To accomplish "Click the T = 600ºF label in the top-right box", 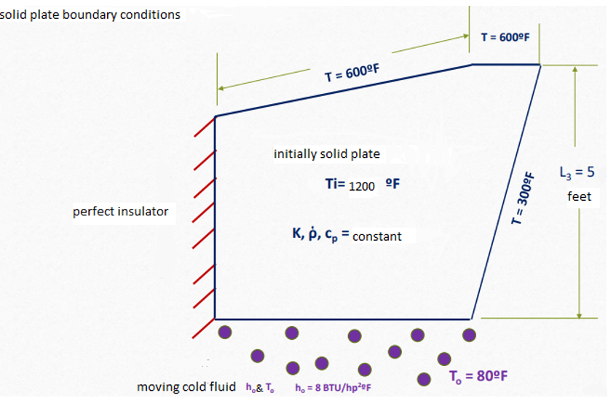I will click(x=504, y=37).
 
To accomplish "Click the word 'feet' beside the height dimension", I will click(x=580, y=196).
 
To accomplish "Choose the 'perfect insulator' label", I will click(x=120, y=212).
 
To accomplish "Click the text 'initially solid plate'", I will click(x=326, y=154).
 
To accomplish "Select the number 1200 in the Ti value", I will click(x=362, y=186).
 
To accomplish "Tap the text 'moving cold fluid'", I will click(x=186, y=386).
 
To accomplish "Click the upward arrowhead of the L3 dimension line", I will click(x=575, y=69).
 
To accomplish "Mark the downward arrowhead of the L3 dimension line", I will click(x=580, y=314).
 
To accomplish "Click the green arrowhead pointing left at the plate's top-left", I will click(x=220, y=87).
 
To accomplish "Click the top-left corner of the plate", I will click(x=216, y=116).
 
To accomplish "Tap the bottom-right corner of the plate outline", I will click(x=471, y=319).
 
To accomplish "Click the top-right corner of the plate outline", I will click(x=540, y=65).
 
